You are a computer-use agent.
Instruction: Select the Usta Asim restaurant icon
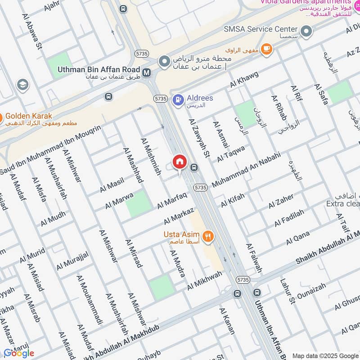[x=207, y=235]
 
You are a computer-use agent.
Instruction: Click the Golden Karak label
[x=29, y=116]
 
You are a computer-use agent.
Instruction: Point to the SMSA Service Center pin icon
[x=306, y=31]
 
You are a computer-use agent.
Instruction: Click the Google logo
[x=18, y=352]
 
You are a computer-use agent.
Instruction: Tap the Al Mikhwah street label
[x=205, y=280]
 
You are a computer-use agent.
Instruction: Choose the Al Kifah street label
[x=232, y=201]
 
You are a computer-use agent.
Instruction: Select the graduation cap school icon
[x=22, y=84]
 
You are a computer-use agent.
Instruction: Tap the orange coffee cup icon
[x=266, y=49]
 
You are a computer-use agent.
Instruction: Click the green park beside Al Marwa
[x=138, y=204]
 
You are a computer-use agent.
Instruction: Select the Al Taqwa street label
[x=231, y=153]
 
